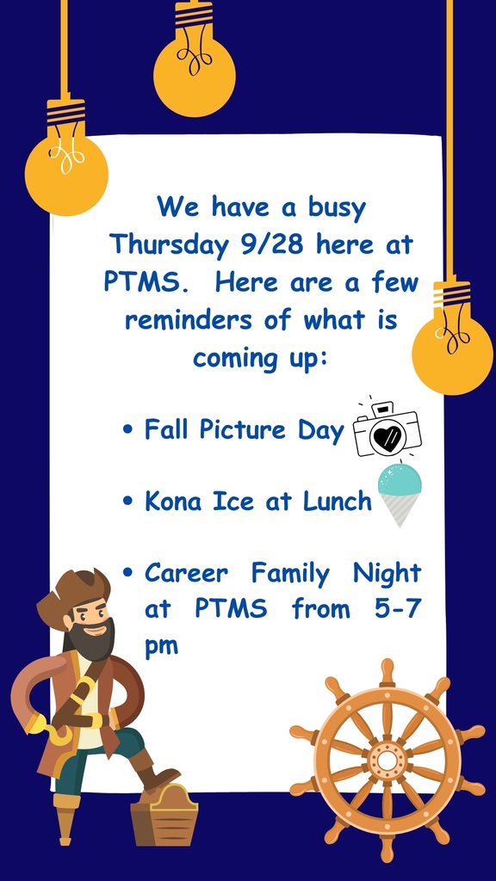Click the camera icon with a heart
coord(387,430)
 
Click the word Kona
coord(172,502)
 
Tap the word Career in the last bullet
coord(186,574)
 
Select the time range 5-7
coord(398,609)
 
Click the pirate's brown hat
coord(72,595)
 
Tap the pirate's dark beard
coord(92,640)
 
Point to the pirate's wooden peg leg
coord(65,818)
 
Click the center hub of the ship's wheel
coord(387,761)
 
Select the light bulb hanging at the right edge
coord(452,336)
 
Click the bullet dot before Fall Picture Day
coord(127,430)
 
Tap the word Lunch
coord(338,502)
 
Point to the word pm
coord(161,646)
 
